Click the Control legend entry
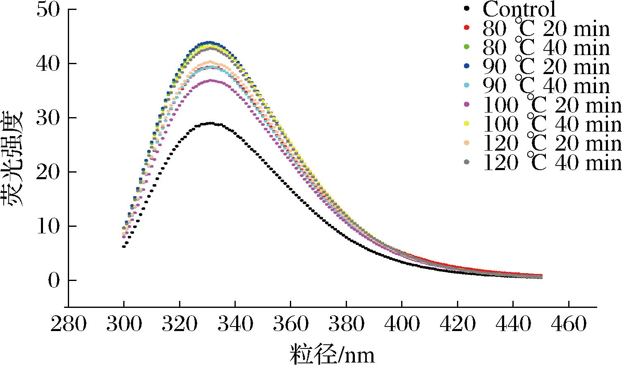tap(519, 9)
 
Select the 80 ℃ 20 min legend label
tap(546, 29)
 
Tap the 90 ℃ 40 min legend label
tap(546, 86)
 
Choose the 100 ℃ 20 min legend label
tap(552, 105)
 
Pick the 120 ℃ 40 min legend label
tap(552, 163)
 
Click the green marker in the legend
tap(467, 47)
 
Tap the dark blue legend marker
tap(467, 66)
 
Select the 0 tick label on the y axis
tap(54, 281)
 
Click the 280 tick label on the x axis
tap(68, 324)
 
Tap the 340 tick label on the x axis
tap(235, 324)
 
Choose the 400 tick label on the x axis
tap(402, 324)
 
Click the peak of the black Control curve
tap(211, 123)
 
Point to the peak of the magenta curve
tap(211, 80)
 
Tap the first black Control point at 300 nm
tap(124, 247)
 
